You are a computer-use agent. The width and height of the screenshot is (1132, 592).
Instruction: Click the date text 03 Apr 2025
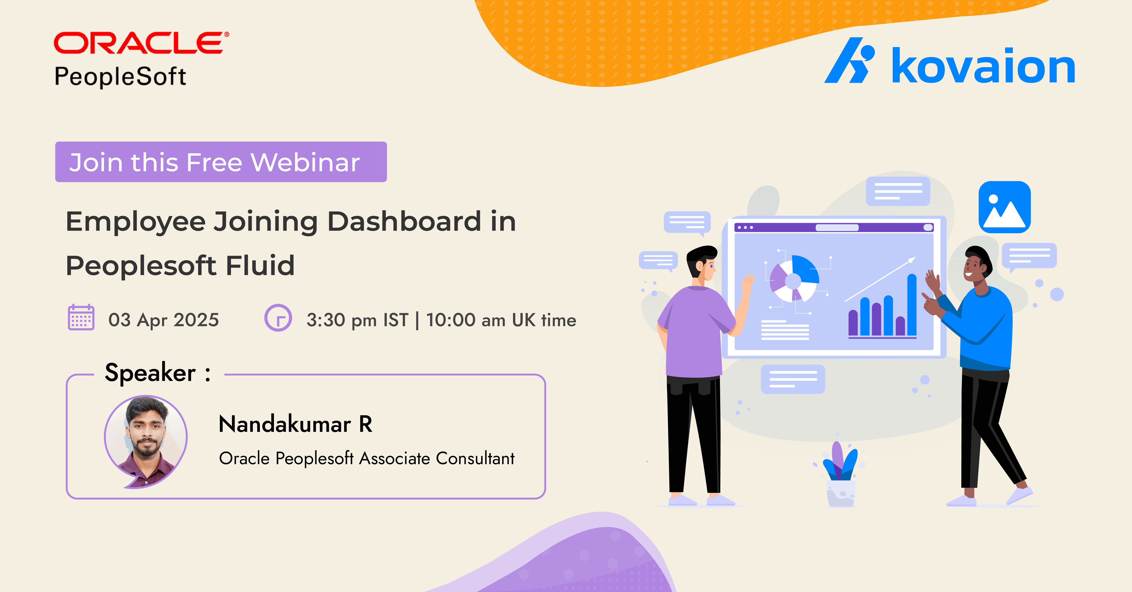click(163, 320)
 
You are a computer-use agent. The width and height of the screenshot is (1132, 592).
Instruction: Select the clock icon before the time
click(278, 318)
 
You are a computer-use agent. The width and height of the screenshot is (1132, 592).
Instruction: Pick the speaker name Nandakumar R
click(295, 424)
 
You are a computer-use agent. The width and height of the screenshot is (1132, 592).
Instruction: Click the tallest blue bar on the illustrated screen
click(912, 305)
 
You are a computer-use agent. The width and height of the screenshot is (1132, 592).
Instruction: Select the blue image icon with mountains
click(1005, 207)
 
